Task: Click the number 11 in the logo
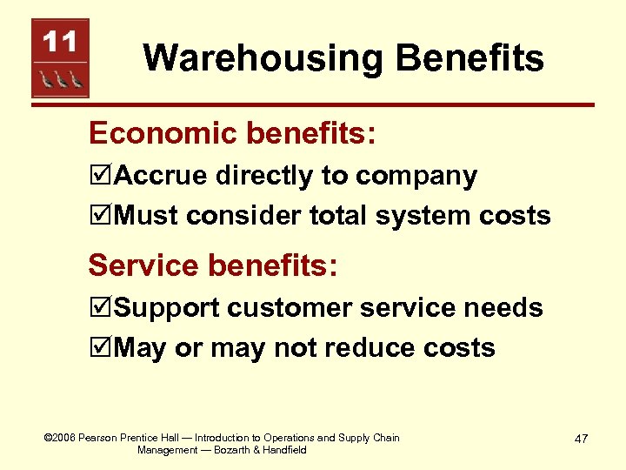click(60, 41)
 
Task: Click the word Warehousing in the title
click(261, 58)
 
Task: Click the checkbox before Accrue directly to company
click(101, 177)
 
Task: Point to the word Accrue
click(160, 176)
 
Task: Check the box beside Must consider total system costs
click(101, 215)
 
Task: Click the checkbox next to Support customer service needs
click(101, 308)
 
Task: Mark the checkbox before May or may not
click(101, 348)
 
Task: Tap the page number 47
click(580, 439)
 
